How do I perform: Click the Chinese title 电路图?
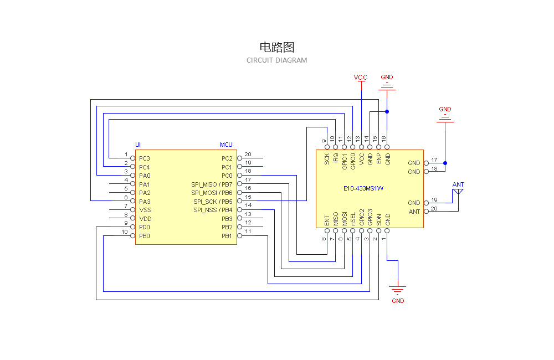click(x=276, y=47)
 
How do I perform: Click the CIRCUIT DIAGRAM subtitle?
click(x=276, y=60)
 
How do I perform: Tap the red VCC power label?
click(x=361, y=78)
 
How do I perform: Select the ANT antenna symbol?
click(x=458, y=191)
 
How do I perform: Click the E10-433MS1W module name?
click(x=363, y=188)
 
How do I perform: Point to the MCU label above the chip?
click(x=226, y=145)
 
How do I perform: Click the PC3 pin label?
click(x=145, y=158)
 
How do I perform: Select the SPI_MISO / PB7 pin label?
click(x=212, y=184)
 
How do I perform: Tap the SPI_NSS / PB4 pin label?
click(x=213, y=210)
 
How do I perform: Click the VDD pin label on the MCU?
click(x=145, y=219)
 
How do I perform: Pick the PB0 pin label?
click(x=145, y=236)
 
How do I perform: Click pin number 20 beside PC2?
click(x=248, y=155)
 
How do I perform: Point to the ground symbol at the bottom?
click(x=397, y=290)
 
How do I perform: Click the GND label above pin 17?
click(x=445, y=110)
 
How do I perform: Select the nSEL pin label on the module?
click(x=353, y=219)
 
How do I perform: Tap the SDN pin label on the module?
click(x=379, y=219)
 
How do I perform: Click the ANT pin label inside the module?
click(x=414, y=212)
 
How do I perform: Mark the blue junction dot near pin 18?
click(x=445, y=163)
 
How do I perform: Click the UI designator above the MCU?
click(x=138, y=145)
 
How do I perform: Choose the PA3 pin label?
click(x=145, y=202)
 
